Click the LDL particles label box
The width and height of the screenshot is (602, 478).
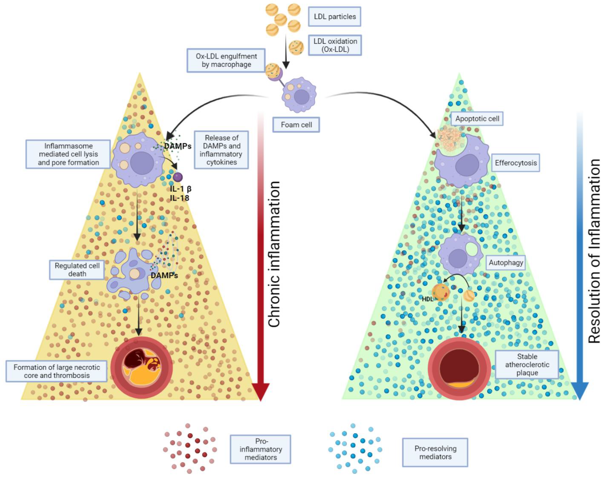[334, 17]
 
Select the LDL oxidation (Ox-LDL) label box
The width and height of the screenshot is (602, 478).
[335, 45]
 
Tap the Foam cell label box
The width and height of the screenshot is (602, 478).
[296, 125]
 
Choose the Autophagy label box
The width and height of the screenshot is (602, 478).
[506, 263]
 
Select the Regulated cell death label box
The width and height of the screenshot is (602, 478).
[77, 270]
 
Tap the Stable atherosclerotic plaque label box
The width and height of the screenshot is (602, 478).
[527, 365]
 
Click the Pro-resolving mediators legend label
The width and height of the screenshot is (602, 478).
[435, 453]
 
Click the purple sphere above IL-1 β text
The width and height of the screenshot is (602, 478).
[178, 177]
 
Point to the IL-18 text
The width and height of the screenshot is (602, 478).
[180, 198]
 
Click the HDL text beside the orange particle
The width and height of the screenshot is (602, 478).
[427, 299]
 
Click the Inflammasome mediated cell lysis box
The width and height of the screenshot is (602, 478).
[68, 154]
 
